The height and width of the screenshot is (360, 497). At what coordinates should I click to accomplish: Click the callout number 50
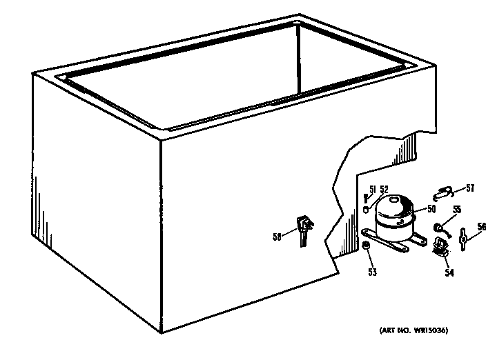(431, 209)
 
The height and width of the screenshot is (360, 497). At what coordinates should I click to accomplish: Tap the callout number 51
(373, 190)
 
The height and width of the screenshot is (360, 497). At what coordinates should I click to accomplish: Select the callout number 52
(384, 190)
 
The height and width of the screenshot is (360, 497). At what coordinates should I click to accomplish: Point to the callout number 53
(373, 272)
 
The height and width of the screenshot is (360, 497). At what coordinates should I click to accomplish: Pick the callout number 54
(449, 272)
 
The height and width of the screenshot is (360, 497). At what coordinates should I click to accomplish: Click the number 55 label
(457, 209)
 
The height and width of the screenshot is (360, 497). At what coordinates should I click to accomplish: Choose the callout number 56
(482, 226)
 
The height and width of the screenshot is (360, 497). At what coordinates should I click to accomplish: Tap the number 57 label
(470, 188)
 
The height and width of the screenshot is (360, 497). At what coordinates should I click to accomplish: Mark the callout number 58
(277, 237)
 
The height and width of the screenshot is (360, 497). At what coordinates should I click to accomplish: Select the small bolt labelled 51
(365, 199)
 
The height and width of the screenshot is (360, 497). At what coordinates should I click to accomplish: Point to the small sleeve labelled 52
(366, 210)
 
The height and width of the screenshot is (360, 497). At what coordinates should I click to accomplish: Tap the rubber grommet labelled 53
(366, 245)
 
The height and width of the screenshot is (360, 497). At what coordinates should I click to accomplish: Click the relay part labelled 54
(440, 246)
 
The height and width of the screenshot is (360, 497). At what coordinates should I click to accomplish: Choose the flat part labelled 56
(463, 239)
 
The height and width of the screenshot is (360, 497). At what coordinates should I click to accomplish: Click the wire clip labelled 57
(444, 193)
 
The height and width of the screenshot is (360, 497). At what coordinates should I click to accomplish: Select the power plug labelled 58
(303, 230)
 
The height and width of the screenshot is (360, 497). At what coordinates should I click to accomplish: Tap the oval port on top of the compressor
(394, 199)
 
